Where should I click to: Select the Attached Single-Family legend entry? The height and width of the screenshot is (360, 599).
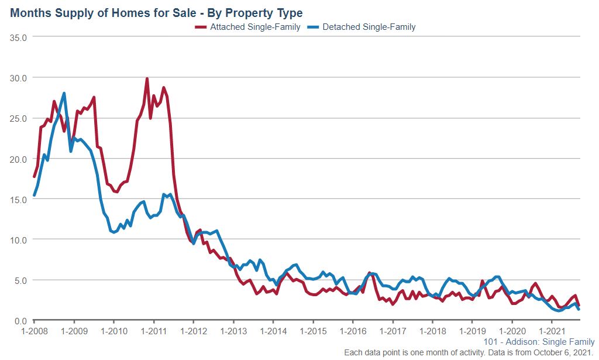click(x=255, y=27)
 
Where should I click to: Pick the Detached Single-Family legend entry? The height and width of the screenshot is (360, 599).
click(x=369, y=27)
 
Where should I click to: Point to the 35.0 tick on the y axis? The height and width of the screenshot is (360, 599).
click(x=21, y=37)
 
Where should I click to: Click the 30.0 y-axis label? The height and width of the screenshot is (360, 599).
click(x=21, y=77)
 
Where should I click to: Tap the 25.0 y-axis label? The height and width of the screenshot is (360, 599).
click(x=21, y=118)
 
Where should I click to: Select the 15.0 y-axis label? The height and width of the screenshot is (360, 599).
click(x=21, y=199)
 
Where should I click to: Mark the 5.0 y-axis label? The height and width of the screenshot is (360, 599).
click(x=23, y=280)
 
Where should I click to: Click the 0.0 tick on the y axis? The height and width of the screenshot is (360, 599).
click(x=23, y=320)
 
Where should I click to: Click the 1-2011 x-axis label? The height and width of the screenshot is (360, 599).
click(x=153, y=331)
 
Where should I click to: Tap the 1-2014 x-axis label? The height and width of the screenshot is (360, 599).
click(x=273, y=331)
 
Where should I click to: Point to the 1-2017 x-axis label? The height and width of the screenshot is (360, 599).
click(x=393, y=331)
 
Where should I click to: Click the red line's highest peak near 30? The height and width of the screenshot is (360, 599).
click(x=147, y=78)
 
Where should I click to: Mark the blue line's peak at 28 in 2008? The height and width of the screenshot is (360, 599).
click(x=64, y=93)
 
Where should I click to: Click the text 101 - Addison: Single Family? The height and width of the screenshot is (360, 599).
click(x=539, y=342)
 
